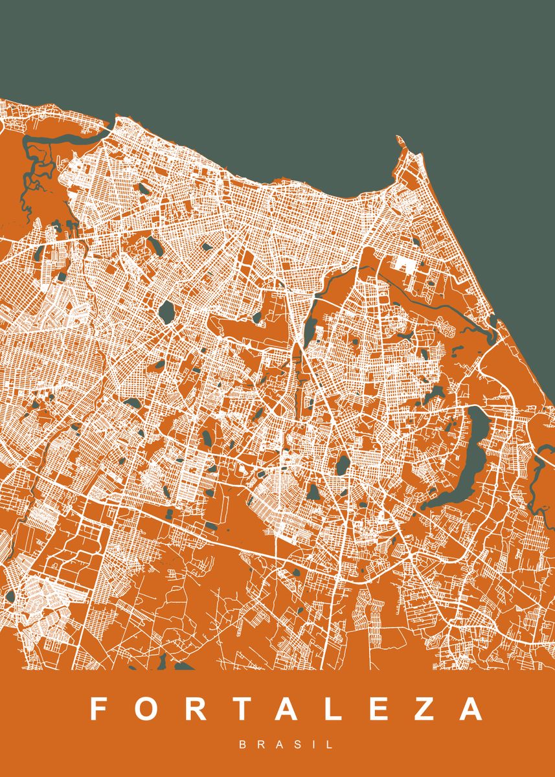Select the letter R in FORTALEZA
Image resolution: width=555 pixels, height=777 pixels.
[x=197, y=709]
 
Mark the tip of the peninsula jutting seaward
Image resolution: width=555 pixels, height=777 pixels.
[x=398, y=137]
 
